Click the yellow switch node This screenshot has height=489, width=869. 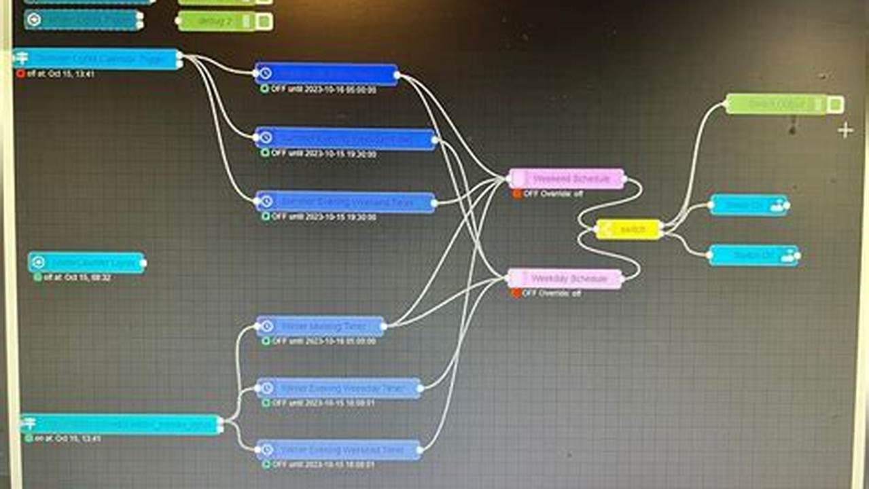629,230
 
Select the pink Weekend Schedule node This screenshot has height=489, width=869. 567,179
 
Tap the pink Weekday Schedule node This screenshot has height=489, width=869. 565,278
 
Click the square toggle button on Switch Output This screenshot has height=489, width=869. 836,105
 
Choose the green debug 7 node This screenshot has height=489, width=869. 216,21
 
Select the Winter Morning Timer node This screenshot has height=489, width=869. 321,326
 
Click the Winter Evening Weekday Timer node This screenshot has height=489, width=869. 338,388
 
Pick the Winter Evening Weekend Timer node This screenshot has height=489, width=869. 338,450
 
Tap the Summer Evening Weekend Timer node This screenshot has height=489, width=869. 347,202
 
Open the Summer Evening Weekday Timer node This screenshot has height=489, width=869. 347,139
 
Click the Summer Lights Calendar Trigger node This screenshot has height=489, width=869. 97,59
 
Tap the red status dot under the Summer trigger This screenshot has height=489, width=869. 20,74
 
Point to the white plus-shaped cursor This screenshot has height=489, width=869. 845,130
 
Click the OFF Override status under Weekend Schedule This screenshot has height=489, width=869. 552,194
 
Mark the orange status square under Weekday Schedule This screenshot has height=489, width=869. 516,293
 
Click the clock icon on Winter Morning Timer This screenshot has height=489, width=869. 266,327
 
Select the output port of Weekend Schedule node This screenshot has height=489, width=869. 625,181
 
